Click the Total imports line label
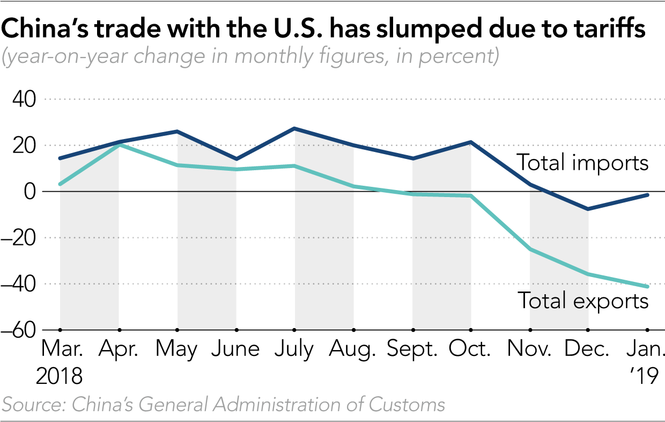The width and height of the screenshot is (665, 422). [x=582, y=163]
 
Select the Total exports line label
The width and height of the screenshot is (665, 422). [x=582, y=301]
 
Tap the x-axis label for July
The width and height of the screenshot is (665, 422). [x=294, y=350]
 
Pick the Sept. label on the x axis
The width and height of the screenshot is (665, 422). [x=412, y=350]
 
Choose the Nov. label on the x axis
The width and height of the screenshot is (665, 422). [x=529, y=350]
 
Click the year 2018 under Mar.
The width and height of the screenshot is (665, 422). [x=60, y=376]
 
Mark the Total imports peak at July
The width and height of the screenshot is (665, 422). [x=294, y=129]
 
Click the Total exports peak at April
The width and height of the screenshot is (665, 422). [x=119, y=145]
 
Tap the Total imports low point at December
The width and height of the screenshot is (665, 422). [x=588, y=209]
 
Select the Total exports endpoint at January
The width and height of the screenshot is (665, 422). [x=647, y=286]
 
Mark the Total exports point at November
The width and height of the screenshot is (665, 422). [x=530, y=250]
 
